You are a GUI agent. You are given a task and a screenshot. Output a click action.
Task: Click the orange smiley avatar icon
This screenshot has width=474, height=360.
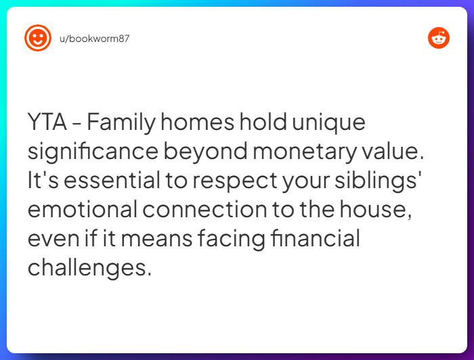click(x=38, y=38)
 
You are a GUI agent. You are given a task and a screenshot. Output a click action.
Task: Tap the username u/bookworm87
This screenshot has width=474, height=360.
click(x=94, y=39)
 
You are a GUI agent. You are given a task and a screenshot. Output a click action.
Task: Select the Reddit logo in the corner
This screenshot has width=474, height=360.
click(x=439, y=38)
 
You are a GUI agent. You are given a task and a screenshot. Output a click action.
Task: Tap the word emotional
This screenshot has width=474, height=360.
click(x=83, y=210)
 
